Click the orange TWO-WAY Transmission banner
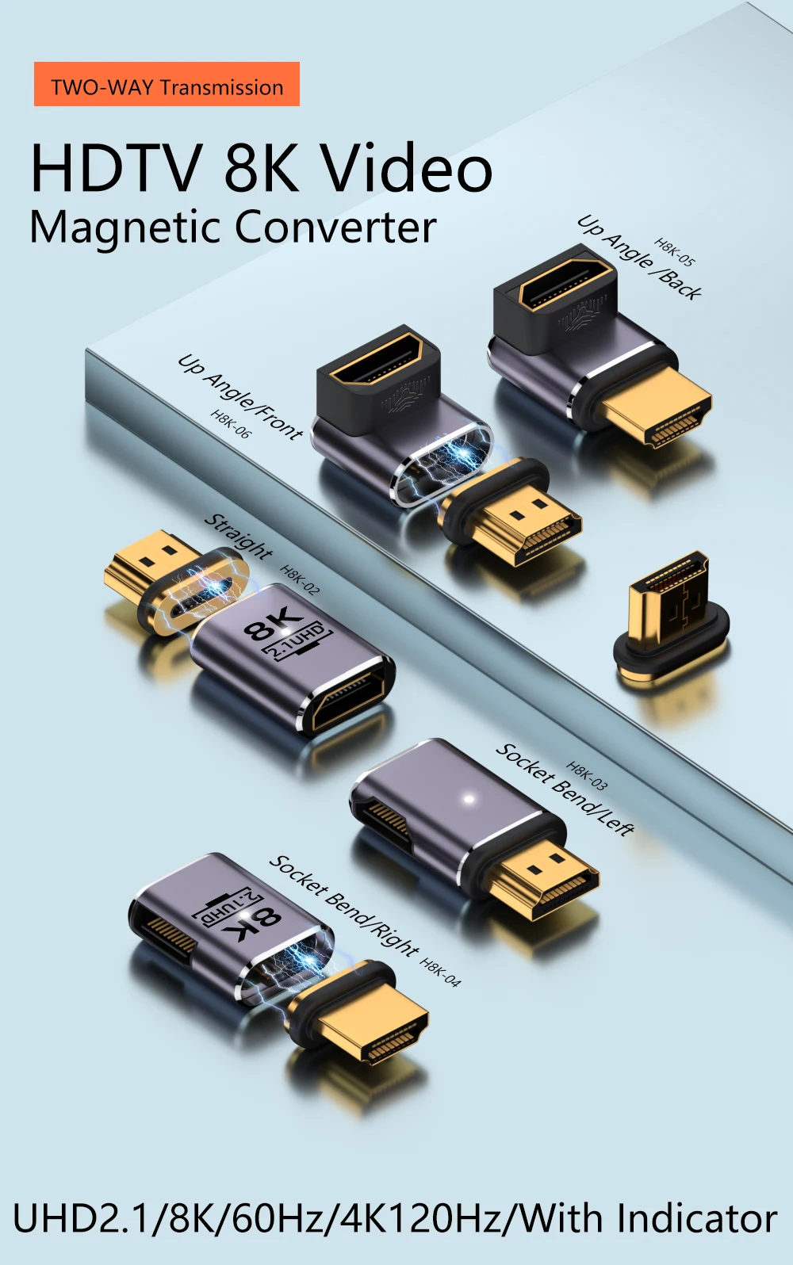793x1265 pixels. (x=167, y=84)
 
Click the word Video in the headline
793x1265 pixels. (x=406, y=168)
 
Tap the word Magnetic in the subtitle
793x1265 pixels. (x=126, y=227)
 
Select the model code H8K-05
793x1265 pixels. (x=675, y=252)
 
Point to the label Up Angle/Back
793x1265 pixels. (x=639, y=258)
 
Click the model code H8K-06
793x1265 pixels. (x=231, y=424)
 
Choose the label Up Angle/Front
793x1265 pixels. (x=240, y=396)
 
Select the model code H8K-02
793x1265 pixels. (x=301, y=579)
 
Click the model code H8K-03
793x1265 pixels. (x=587, y=776)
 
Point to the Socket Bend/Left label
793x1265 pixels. (x=565, y=789)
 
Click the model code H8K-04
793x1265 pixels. (x=440, y=973)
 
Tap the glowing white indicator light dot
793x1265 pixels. (x=469, y=799)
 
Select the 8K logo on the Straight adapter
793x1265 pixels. (x=285, y=634)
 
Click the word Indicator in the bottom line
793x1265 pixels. (x=697, y=1219)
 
